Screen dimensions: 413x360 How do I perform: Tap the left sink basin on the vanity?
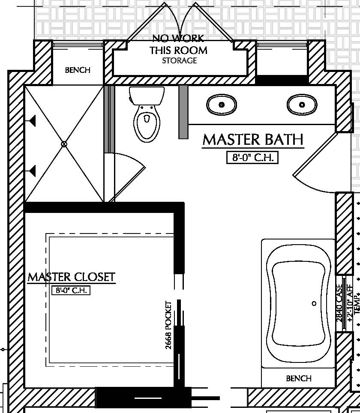point(222,104)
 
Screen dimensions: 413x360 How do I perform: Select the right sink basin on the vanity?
point(302,104)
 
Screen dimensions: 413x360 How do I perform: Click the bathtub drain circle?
point(314,303)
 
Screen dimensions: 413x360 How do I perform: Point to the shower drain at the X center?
point(64,144)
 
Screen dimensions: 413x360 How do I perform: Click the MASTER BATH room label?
point(253,140)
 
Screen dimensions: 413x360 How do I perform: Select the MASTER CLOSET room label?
point(72,277)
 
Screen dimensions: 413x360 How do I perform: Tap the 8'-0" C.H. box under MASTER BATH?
point(253,158)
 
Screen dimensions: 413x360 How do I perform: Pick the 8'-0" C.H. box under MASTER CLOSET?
point(71,290)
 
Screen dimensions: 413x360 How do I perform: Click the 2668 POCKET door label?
point(169,325)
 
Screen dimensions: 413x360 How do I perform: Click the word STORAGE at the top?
point(179,61)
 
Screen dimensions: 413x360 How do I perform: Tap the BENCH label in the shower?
point(78,70)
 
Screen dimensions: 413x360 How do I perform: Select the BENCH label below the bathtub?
point(298,378)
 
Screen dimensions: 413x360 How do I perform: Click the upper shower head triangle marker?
point(32,122)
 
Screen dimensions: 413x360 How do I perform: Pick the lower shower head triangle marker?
point(32,172)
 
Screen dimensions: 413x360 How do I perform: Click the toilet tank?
point(147,95)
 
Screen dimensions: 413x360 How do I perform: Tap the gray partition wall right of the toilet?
point(183,111)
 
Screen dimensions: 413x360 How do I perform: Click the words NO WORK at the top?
point(178,39)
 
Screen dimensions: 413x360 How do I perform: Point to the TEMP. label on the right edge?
point(357,305)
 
